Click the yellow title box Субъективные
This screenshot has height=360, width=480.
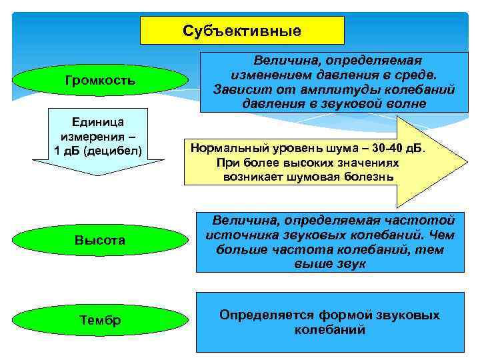click(x=241, y=31)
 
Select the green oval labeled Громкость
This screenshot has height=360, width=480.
click(x=100, y=81)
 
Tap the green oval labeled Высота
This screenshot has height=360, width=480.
click(x=100, y=240)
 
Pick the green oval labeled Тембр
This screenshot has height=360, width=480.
click(x=100, y=321)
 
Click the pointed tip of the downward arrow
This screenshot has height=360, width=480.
click(x=98, y=174)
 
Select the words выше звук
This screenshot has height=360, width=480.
click(x=329, y=265)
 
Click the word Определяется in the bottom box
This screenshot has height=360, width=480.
click(x=261, y=315)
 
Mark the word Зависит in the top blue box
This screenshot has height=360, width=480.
click(x=237, y=89)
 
